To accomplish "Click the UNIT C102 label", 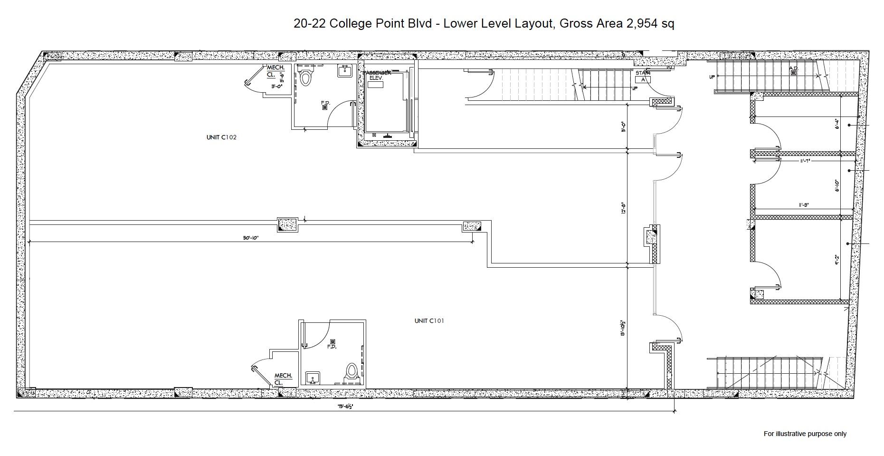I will point(221,137).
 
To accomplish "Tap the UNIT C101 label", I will point(429,321).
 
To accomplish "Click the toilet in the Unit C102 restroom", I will point(306,78).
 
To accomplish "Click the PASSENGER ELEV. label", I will point(378,75).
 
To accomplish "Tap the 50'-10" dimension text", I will point(251,238).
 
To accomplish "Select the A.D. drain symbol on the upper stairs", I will point(793,72).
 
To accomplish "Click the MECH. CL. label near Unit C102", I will point(275,71).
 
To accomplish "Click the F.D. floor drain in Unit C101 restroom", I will point(333,342).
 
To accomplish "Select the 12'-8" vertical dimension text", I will point(623,208).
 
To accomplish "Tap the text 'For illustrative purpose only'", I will point(805,434).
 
